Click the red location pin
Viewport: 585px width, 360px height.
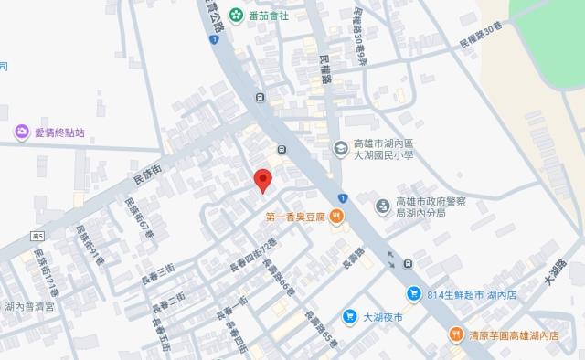coord(262,179)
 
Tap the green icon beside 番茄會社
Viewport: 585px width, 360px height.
coord(237,15)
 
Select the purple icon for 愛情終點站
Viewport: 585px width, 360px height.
coord(20,132)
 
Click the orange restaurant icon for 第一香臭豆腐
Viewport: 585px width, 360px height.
coord(337,217)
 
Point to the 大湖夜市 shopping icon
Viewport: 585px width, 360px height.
coord(350,317)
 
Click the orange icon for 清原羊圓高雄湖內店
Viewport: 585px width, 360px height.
coord(454,334)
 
